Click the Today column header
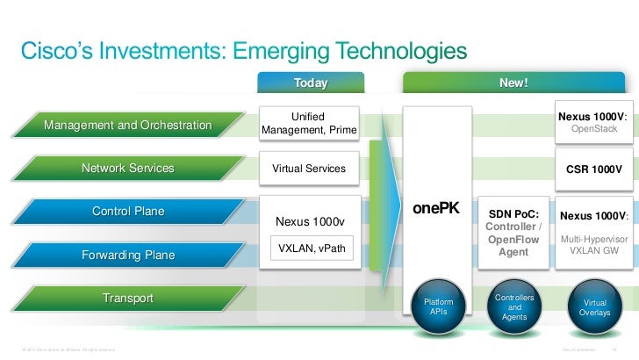coord(310,83)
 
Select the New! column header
coord(513,83)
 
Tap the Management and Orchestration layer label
coord(128,126)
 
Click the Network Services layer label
coord(128,168)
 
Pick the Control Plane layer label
coord(128,212)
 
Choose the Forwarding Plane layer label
coord(128,255)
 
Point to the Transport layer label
coord(128,299)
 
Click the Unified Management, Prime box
coord(310,124)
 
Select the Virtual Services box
coord(310,168)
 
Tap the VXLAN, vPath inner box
coord(311,249)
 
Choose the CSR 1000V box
coord(594,168)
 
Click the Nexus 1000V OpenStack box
coord(594,123)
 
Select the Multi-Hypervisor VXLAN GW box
coord(594,231)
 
